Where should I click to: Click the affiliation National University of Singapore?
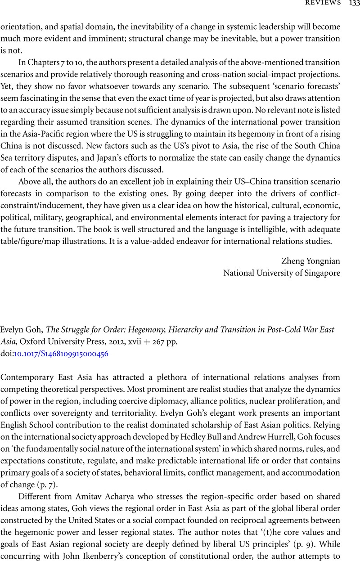(282, 273)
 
